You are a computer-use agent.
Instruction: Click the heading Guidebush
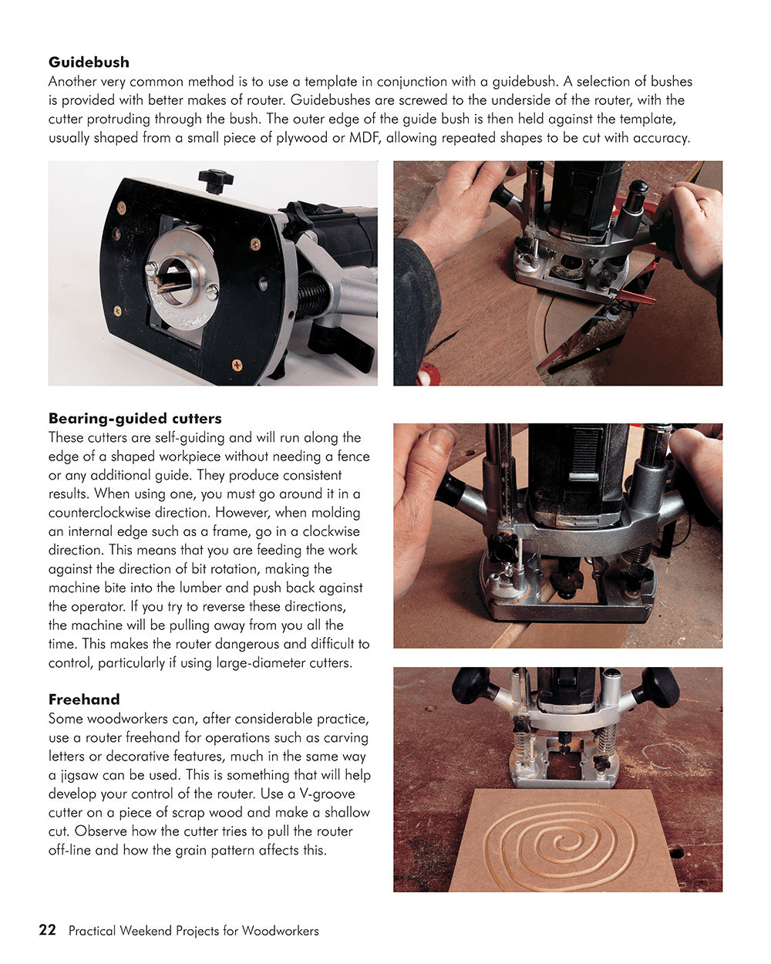coord(89,62)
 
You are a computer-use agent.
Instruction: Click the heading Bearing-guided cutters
coord(135,419)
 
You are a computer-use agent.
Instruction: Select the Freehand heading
coord(84,699)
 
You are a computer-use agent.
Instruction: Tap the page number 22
coord(47,930)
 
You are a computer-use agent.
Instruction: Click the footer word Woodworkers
coord(280,931)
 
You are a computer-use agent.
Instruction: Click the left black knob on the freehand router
coord(471,684)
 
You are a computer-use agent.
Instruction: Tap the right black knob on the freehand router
coord(659,686)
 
